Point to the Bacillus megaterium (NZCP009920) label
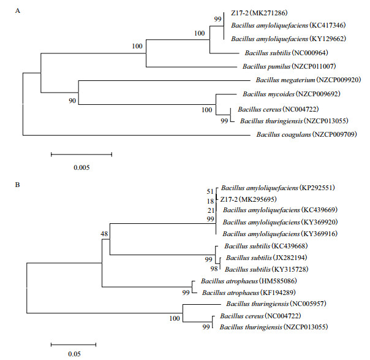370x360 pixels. pyautogui.click(x=307, y=80)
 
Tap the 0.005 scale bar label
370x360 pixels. pyautogui.click(x=80, y=166)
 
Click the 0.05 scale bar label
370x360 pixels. pyautogui.click(x=73, y=353)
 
